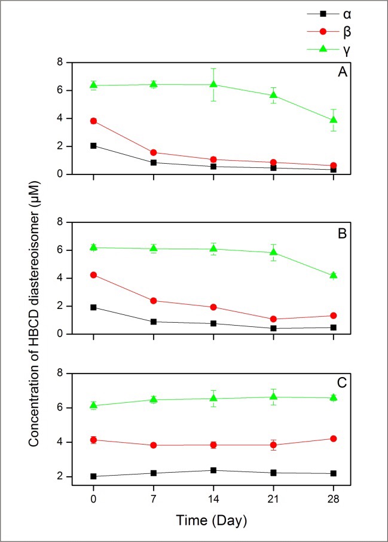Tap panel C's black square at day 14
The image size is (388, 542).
[x=213, y=470]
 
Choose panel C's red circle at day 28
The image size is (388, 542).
[x=334, y=439]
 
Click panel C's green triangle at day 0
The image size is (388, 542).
[x=93, y=405]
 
